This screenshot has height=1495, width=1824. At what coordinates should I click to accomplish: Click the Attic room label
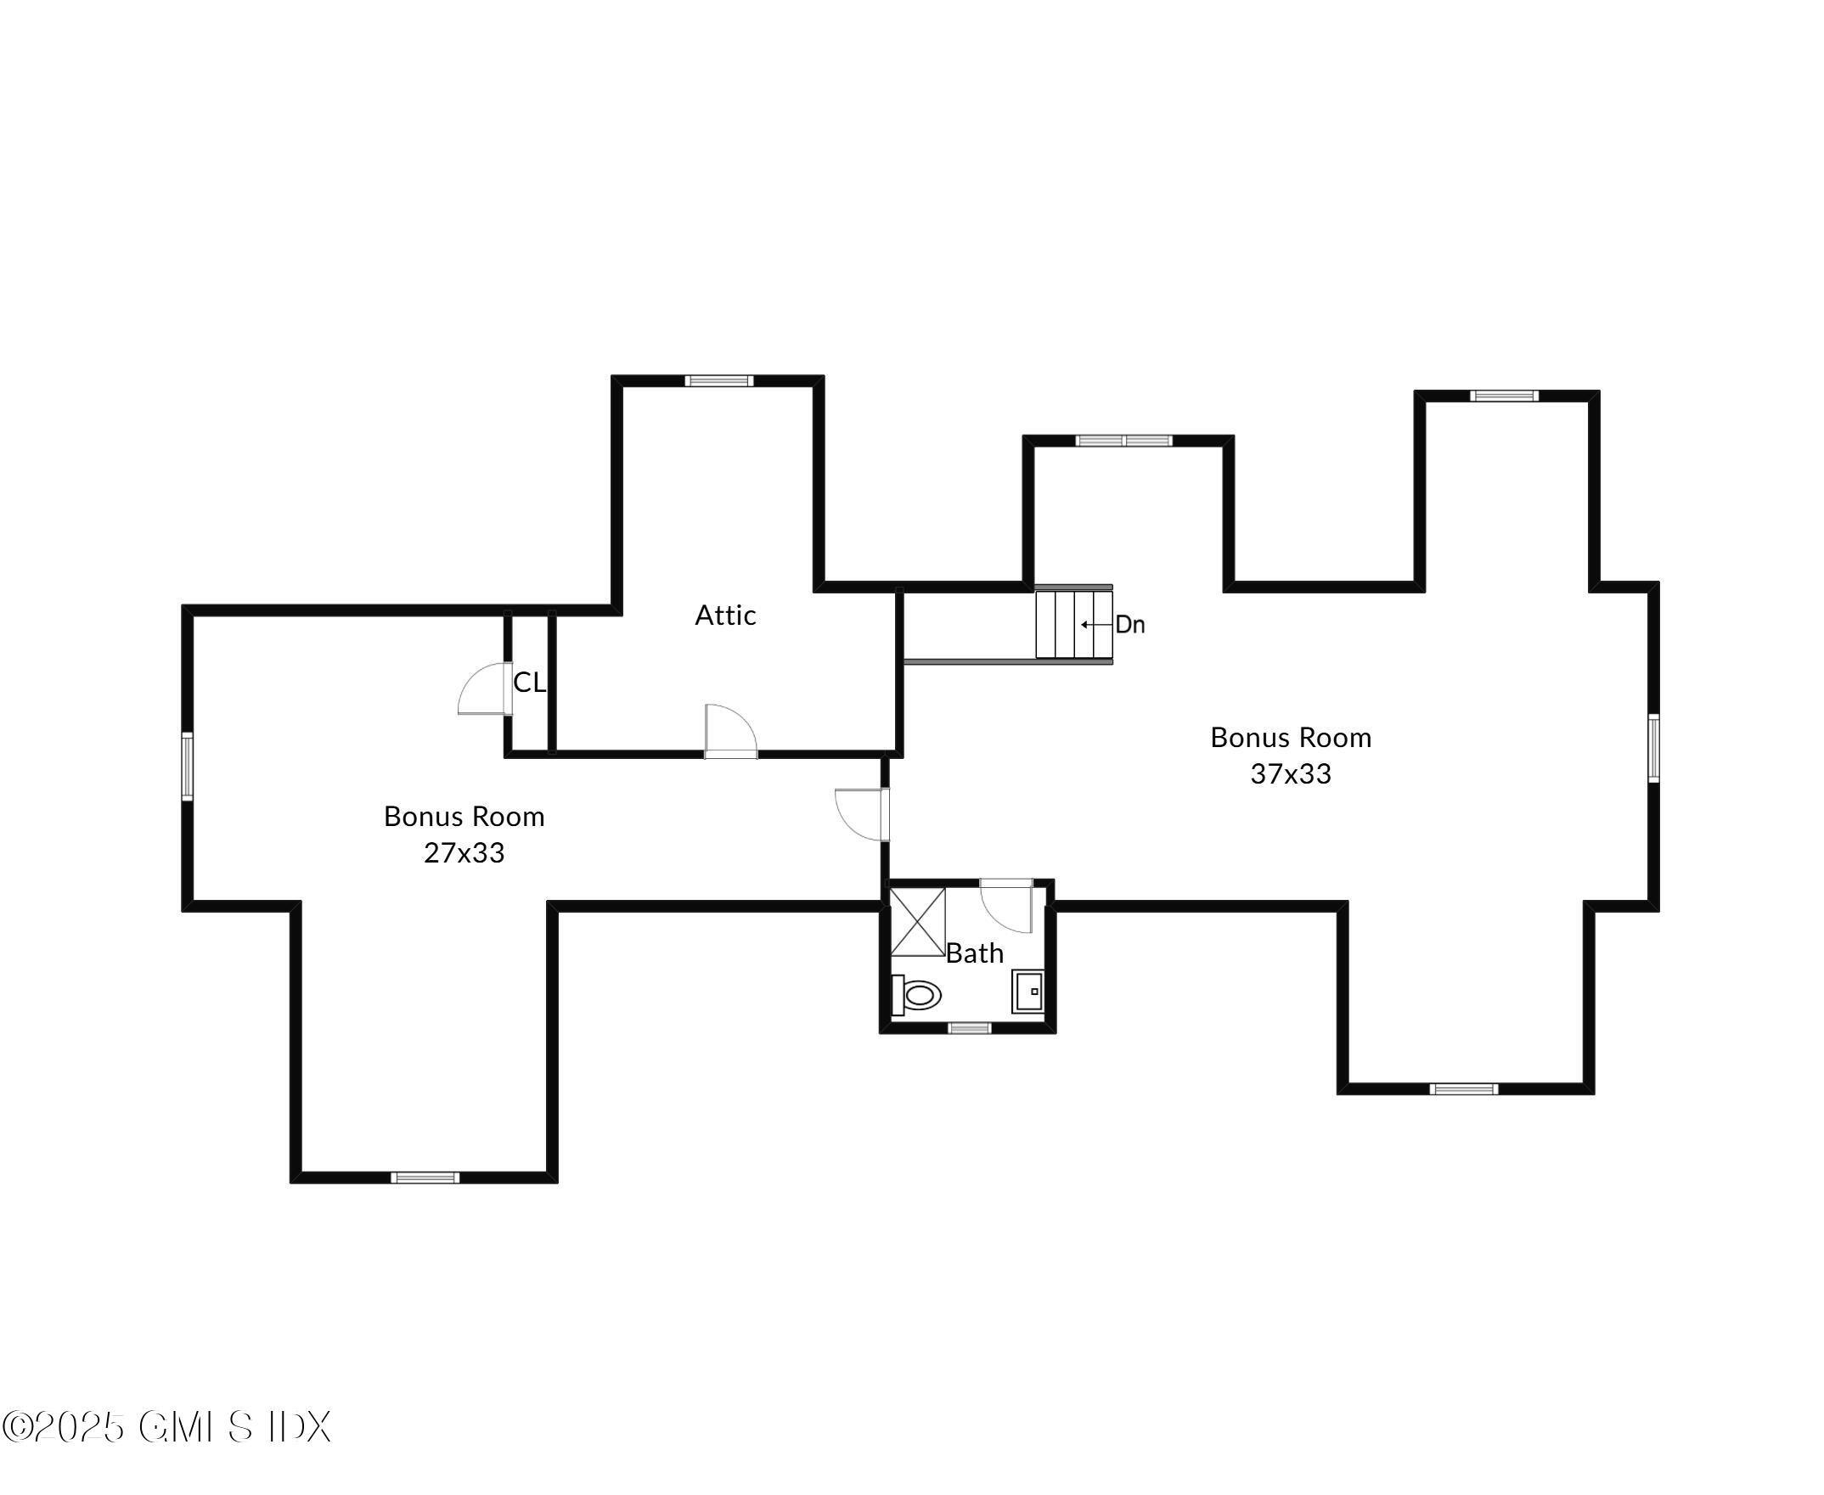[725, 615]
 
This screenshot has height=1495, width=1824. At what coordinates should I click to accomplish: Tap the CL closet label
[529, 682]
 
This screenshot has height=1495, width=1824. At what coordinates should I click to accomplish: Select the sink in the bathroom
[1027, 992]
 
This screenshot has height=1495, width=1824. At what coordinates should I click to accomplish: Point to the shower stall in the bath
[917, 922]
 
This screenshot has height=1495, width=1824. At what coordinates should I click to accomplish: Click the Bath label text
[974, 953]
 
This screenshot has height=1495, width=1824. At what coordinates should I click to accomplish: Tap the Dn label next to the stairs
[1129, 624]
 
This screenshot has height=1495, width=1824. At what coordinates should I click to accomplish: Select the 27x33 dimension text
[464, 852]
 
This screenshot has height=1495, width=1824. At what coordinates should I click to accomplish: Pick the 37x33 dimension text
[1290, 773]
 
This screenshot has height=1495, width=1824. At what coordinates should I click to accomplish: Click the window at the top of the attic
[718, 380]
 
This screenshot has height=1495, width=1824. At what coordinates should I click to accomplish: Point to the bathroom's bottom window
[969, 1027]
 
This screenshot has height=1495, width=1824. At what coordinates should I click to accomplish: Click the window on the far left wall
[187, 766]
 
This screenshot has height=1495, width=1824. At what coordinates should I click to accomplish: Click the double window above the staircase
[1123, 441]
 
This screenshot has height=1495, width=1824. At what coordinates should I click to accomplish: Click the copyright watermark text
[166, 1427]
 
